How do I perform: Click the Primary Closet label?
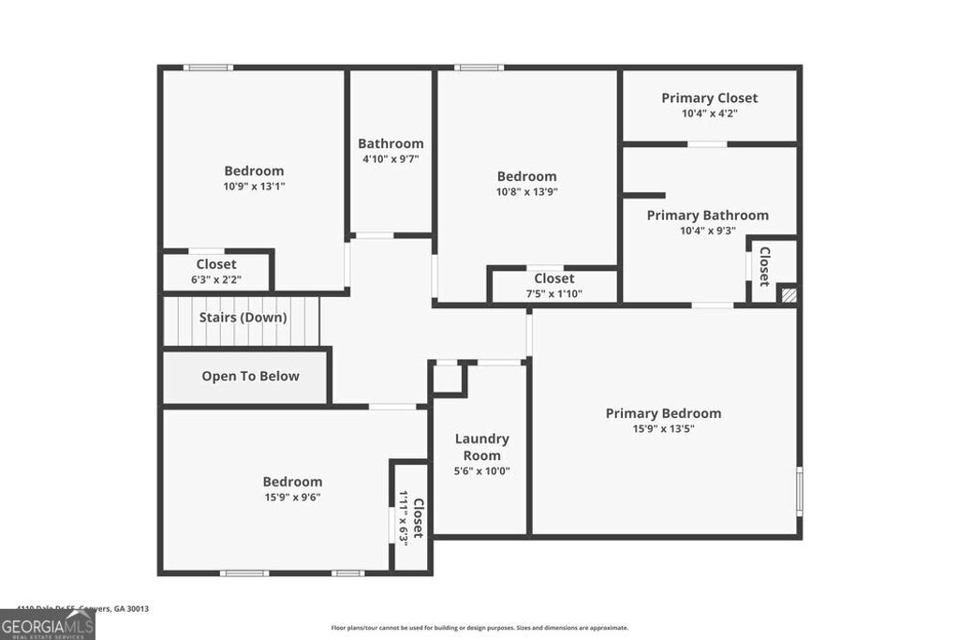pyautogui.click(x=709, y=97)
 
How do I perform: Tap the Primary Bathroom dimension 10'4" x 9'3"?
pyautogui.click(x=708, y=231)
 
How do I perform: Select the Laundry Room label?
pyautogui.click(x=481, y=447)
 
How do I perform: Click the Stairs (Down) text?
pyautogui.click(x=243, y=318)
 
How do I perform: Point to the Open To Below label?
pyautogui.click(x=250, y=377)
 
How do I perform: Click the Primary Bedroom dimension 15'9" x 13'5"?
pyautogui.click(x=663, y=429)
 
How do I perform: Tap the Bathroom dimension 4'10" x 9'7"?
pyautogui.click(x=391, y=159)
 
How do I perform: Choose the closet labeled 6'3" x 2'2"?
pyautogui.click(x=216, y=272)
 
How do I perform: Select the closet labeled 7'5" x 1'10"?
pyautogui.click(x=553, y=286)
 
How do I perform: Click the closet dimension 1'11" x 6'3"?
pyautogui.click(x=404, y=516)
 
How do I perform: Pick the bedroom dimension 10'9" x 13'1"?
pyautogui.click(x=254, y=186)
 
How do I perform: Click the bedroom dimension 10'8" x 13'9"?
pyautogui.click(x=526, y=192)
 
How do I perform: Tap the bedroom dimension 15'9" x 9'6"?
pyautogui.click(x=292, y=498)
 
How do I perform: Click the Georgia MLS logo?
pyautogui.click(x=47, y=624)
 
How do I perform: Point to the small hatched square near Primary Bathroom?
pyautogui.click(x=788, y=294)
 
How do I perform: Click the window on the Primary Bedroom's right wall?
pyautogui.click(x=799, y=490)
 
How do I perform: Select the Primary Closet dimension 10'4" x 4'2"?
pyautogui.click(x=709, y=113)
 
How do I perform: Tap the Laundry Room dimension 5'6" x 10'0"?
pyautogui.click(x=481, y=471)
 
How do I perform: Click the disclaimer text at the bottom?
pyautogui.click(x=479, y=628)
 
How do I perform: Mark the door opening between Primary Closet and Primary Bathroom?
pyautogui.click(x=707, y=144)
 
